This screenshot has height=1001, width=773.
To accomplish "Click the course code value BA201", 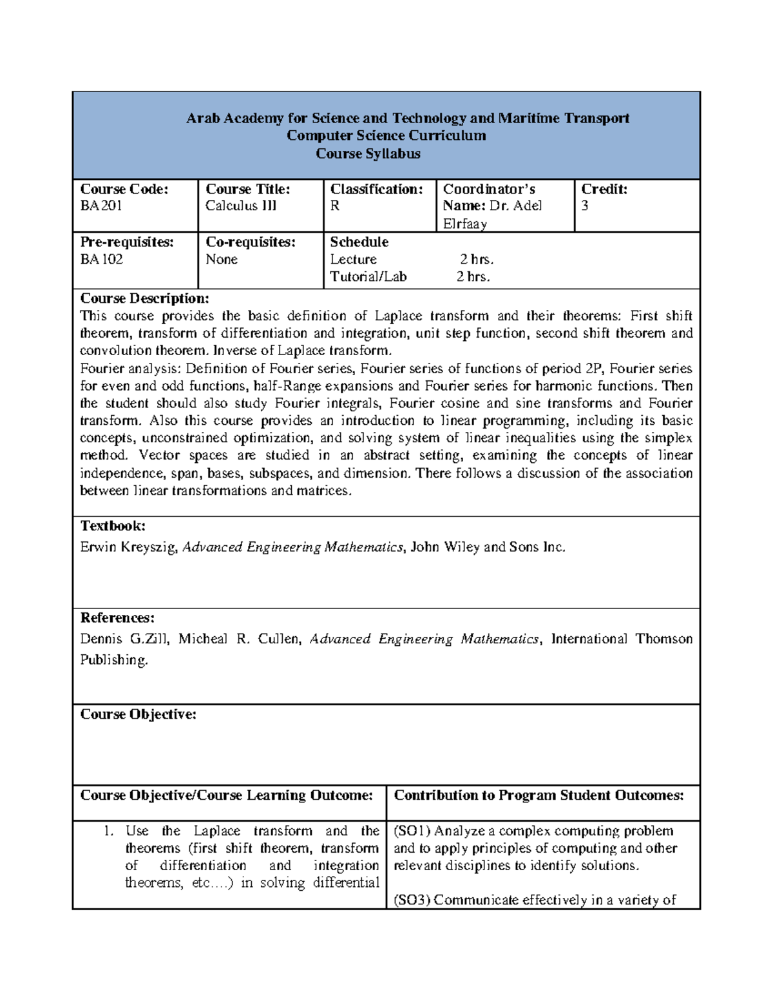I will click(100, 206).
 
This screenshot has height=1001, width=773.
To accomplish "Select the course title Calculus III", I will click(240, 206).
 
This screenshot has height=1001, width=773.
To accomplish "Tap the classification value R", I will click(335, 206).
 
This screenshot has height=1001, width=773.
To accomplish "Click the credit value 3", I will click(585, 206).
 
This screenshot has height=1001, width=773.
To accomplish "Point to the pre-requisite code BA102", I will click(101, 260).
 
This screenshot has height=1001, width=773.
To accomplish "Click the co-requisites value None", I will click(221, 260).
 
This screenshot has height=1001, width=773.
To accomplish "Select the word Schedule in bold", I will click(359, 242).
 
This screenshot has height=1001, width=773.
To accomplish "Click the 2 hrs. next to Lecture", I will click(476, 260).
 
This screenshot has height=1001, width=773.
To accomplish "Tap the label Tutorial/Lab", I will click(368, 277).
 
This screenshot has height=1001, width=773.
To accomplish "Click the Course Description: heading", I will click(144, 298).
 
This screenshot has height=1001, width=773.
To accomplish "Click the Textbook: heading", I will click(113, 526).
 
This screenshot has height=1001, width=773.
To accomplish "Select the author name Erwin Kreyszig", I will click(128, 547).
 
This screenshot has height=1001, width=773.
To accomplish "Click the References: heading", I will click(117, 618).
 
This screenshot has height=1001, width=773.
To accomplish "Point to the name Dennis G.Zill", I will click(124, 639).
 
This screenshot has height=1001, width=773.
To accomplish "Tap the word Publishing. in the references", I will click(114, 660).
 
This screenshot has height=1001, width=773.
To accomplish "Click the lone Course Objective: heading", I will click(138, 715).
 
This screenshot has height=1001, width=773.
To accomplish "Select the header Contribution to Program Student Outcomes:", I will click(539, 795).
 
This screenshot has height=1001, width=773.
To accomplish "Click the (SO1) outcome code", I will click(412, 831).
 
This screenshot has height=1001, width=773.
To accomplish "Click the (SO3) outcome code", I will click(412, 900).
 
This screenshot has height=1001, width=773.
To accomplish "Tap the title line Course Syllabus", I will click(368, 154).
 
